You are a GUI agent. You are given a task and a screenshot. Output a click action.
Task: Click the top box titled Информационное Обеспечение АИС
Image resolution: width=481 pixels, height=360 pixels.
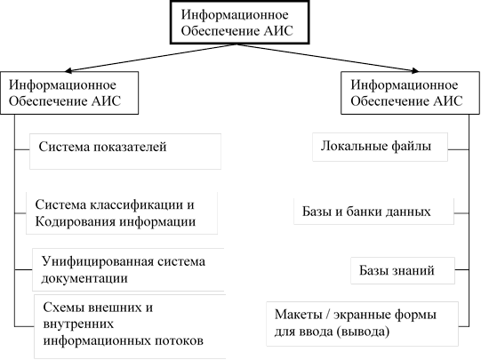tap(239, 22)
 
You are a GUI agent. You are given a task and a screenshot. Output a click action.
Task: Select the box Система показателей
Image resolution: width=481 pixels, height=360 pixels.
tap(125, 151)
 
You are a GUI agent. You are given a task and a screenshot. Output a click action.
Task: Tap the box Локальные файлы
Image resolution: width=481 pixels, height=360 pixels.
tap(380, 147)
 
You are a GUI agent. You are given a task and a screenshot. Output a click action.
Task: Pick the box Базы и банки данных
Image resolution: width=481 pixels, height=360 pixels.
tap(373, 212)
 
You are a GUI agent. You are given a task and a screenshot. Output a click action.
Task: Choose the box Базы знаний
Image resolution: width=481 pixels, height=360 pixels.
tap(403, 270)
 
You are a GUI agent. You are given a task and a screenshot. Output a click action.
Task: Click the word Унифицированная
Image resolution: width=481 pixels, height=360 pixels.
tap(98, 261)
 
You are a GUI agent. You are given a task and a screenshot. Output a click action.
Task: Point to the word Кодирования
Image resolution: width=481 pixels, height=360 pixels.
tap(75, 221)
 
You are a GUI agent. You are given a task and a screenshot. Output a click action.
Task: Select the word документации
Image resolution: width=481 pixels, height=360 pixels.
tap(84, 278)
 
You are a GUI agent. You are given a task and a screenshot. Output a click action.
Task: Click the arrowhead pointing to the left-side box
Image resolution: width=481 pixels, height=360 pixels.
tap(68, 71)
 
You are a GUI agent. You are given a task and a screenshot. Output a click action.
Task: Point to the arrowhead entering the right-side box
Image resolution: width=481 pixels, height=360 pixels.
tap(415, 70)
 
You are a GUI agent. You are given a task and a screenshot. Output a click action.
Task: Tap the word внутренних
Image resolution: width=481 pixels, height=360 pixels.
tap(78, 324)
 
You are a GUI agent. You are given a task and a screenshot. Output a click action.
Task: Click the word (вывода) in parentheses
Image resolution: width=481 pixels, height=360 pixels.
tap(364, 332)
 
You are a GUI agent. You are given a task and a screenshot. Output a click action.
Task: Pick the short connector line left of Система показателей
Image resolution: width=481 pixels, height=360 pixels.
tap(22, 149)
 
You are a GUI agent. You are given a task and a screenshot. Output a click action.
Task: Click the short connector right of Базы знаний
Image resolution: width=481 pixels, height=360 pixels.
tap(462, 270)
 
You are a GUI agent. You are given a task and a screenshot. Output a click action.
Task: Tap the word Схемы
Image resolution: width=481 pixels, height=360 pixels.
tap(62, 308)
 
